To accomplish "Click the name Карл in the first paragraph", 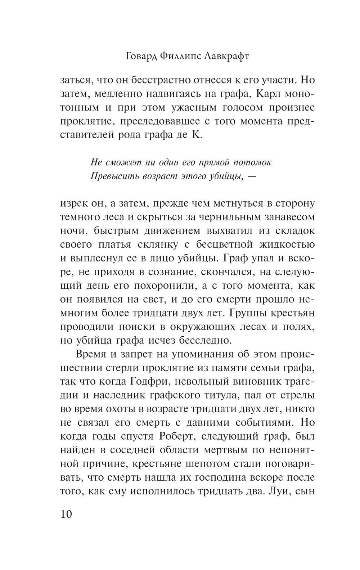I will coord(270,93).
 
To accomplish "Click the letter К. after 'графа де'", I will coord(199,135).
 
